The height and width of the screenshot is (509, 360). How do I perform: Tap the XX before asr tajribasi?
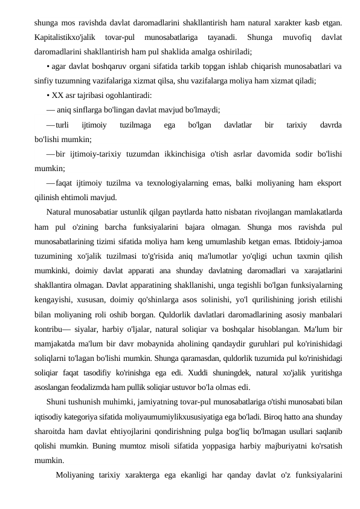tap(58, 95)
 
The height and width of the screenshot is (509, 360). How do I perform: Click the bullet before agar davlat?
tap(47, 66)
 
